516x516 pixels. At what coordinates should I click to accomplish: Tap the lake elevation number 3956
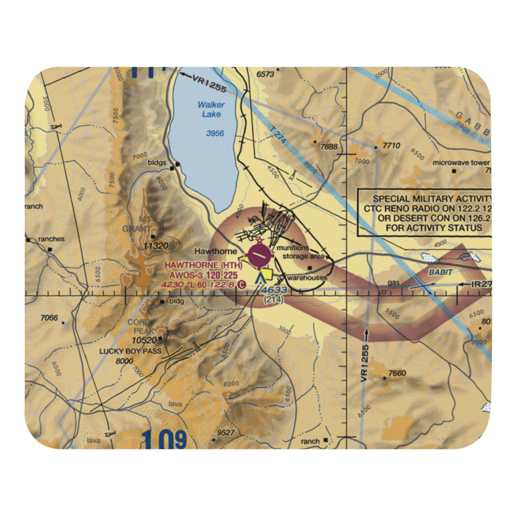[215, 133]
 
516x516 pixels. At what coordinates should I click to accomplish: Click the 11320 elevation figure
[157, 246]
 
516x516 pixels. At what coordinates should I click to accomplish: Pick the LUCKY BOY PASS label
[131, 351]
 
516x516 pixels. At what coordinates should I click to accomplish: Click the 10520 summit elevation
[143, 340]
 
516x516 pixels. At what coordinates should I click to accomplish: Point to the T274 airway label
[278, 137]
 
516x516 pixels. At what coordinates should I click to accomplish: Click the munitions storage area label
[305, 252]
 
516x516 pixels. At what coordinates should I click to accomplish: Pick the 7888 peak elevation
[328, 147]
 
